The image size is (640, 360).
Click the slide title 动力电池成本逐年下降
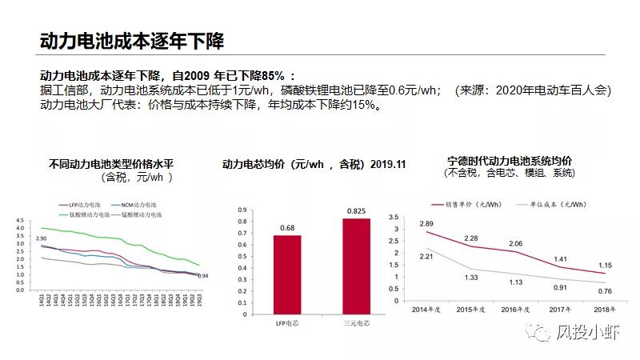pos(132,40)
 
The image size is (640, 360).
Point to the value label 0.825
pos(356,210)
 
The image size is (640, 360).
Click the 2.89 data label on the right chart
pos(426,223)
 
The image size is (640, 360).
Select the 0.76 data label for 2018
pos(606,291)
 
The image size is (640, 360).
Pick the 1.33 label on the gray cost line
pos(471,277)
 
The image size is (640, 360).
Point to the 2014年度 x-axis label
pos(426,309)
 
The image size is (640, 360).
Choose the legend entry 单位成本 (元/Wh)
pos(558,205)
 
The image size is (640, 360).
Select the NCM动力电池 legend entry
pos(138,205)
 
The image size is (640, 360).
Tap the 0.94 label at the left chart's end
pos(203,276)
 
